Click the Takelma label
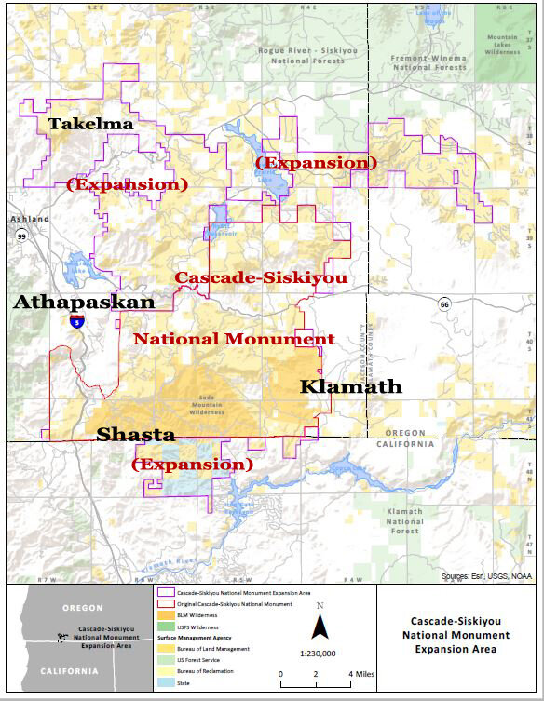pyautogui.click(x=90, y=123)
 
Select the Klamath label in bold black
pyautogui.click(x=350, y=386)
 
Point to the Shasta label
pyautogui.click(x=135, y=435)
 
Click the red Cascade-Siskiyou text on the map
pyautogui.click(x=261, y=277)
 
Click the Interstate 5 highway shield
pyautogui.click(x=77, y=321)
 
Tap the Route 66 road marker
pyautogui.click(x=445, y=303)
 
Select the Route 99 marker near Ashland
pyautogui.click(x=20, y=237)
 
